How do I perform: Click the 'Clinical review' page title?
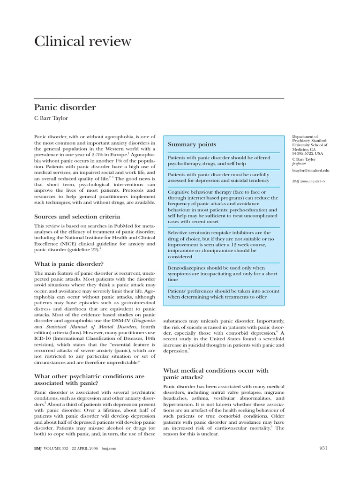coord(83,41)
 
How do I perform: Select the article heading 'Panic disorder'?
coord(65,107)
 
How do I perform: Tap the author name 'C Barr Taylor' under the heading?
coord(52,119)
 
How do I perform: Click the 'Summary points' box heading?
coord(192,144)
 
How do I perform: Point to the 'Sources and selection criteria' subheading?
coord(77,217)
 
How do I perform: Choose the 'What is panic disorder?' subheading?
coord(69,264)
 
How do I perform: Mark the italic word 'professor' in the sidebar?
coord(300,164)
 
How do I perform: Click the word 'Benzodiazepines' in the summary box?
coord(187,268)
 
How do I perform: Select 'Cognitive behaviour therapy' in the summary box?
coord(197,192)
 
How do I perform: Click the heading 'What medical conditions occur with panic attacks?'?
coord(216,374)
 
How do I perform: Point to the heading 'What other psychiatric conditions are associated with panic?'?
coord(90,379)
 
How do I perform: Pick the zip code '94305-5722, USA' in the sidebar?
coord(307,153)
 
